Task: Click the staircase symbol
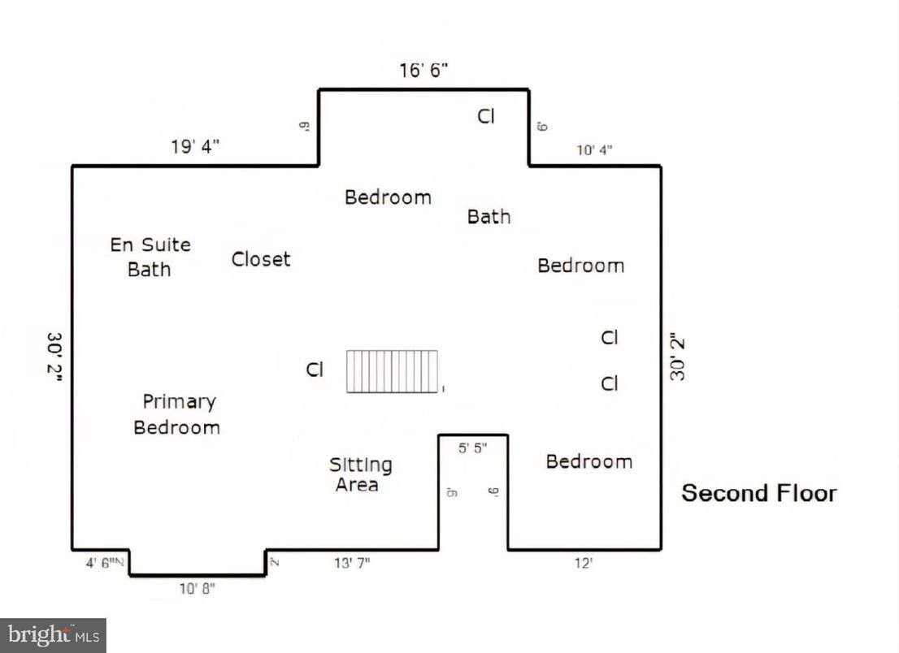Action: (393, 372)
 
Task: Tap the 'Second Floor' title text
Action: (758, 493)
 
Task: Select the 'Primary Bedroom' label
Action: (177, 414)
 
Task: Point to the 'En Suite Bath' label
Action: (150, 257)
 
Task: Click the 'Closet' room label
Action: (260, 259)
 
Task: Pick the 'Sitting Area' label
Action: (359, 474)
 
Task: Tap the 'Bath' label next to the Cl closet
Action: (489, 216)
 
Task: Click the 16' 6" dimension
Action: (423, 71)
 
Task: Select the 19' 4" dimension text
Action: (194, 147)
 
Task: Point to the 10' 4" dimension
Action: (594, 150)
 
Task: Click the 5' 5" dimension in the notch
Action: (473, 448)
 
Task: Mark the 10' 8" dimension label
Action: (198, 590)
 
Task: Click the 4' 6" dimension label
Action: (99, 560)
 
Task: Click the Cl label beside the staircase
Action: (315, 370)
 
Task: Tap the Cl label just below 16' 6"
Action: (485, 116)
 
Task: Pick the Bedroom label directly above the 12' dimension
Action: (588, 461)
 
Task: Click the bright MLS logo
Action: (53, 635)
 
